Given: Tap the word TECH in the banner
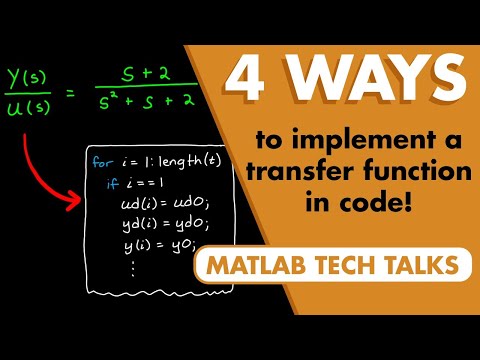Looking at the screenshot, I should tap(357, 265).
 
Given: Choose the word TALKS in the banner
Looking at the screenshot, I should tap(427, 265).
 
